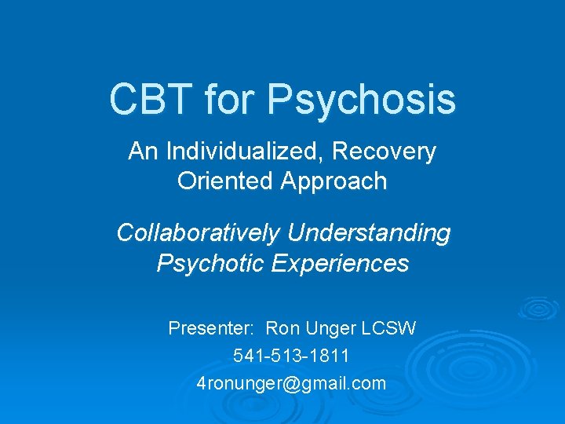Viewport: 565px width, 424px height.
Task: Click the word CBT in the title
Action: [151, 100]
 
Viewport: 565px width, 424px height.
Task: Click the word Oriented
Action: [224, 181]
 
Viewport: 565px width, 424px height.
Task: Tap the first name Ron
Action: [282, 328]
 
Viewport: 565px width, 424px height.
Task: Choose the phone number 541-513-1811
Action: [292, 356]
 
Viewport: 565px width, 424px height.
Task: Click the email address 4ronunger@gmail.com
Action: [292, 384]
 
